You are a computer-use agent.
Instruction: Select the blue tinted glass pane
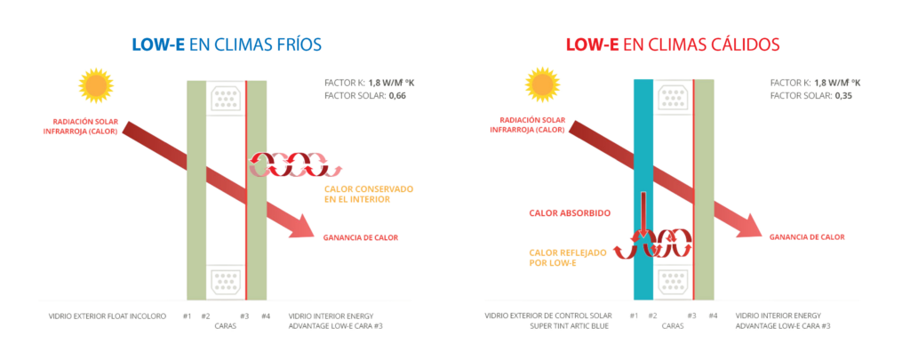pyautogui.click(x=643, y=187)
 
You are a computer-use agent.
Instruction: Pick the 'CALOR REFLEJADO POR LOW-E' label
pyautogui.click(x=567, y=257)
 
